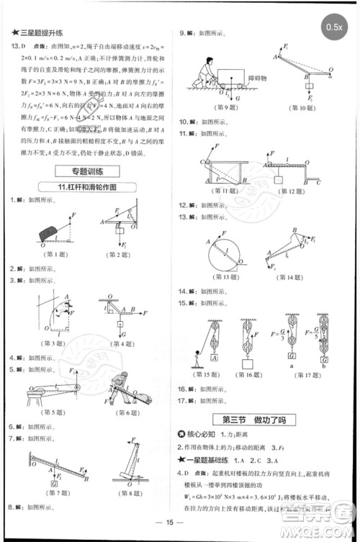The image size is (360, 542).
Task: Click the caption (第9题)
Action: pos(217,107)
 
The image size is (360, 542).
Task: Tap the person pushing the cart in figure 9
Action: pos(207,72)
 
